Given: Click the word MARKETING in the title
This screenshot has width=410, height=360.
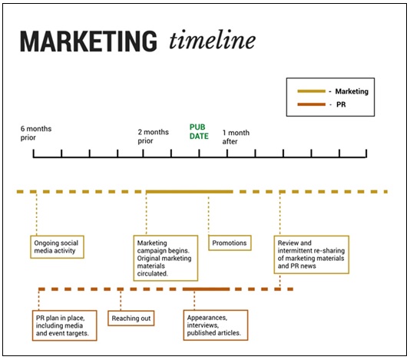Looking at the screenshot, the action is coord(88,41).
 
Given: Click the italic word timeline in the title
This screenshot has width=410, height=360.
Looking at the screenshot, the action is coord(213,40).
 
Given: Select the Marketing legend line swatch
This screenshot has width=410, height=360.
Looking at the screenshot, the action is coord(311,91).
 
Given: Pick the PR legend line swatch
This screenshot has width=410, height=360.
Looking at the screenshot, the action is coord(311,104).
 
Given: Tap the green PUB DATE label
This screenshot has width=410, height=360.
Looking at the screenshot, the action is coord(199,131).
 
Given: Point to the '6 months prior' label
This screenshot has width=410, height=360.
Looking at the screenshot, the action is coord(36,133).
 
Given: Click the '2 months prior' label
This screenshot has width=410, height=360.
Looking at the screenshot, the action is coord(154,136).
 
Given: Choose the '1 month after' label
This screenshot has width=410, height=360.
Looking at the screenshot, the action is coord(236,137).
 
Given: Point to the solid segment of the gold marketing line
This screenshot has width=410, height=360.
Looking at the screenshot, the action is coord(190,192).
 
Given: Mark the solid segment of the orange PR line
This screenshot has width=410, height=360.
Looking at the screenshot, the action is coord(206,289).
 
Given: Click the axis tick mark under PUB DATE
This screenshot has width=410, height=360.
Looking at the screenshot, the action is coord(199,154).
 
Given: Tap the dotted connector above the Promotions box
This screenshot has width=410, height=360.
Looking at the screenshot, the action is coord(208,216).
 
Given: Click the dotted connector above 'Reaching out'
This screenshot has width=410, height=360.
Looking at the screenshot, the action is coord(121,301).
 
